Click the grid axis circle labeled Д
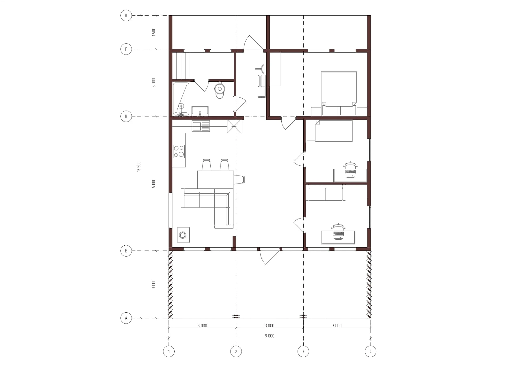click(126, 15)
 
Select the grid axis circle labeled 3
click(303, 351)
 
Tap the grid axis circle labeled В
click(126, 117)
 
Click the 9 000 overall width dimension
click(269, 336)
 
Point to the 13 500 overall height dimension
click(139, 167)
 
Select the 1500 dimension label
click(154, 31)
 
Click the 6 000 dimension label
click(154, 183)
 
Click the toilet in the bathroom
click(220, 91)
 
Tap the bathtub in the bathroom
click(181, 99)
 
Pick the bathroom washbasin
click(200, 111)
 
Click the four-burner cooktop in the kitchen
click(179, 152)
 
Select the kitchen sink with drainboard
click(201, 126)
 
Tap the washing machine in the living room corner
click(183, 235)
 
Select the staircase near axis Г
click(181, 66)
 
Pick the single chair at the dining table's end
click(240, 179)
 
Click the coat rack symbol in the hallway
click(260, 69)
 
